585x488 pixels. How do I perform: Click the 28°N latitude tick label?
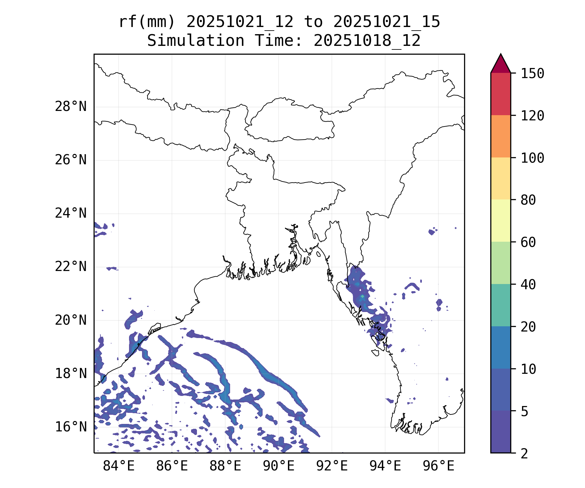71,107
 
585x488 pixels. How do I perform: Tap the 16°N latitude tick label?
71,427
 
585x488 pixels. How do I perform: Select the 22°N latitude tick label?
71,267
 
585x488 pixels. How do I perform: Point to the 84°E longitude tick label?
119,466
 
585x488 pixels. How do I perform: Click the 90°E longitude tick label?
279,466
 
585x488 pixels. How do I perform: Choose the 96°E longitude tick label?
438,466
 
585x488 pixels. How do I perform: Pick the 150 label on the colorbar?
532,74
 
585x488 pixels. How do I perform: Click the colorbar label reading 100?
532,158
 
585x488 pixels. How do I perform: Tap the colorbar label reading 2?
524,454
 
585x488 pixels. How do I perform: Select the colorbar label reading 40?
528,285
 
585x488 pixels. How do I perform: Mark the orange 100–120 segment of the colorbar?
500,136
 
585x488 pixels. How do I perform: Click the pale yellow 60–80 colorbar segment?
500,221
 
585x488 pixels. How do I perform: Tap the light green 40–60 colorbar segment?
500,263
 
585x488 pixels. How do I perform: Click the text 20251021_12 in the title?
240,22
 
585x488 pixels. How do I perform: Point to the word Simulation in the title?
196,41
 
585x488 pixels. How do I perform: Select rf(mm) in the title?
147,22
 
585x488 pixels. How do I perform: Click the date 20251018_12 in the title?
367,41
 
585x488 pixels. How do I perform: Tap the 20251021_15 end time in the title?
387,22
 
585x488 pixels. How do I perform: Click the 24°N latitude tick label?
71,213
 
